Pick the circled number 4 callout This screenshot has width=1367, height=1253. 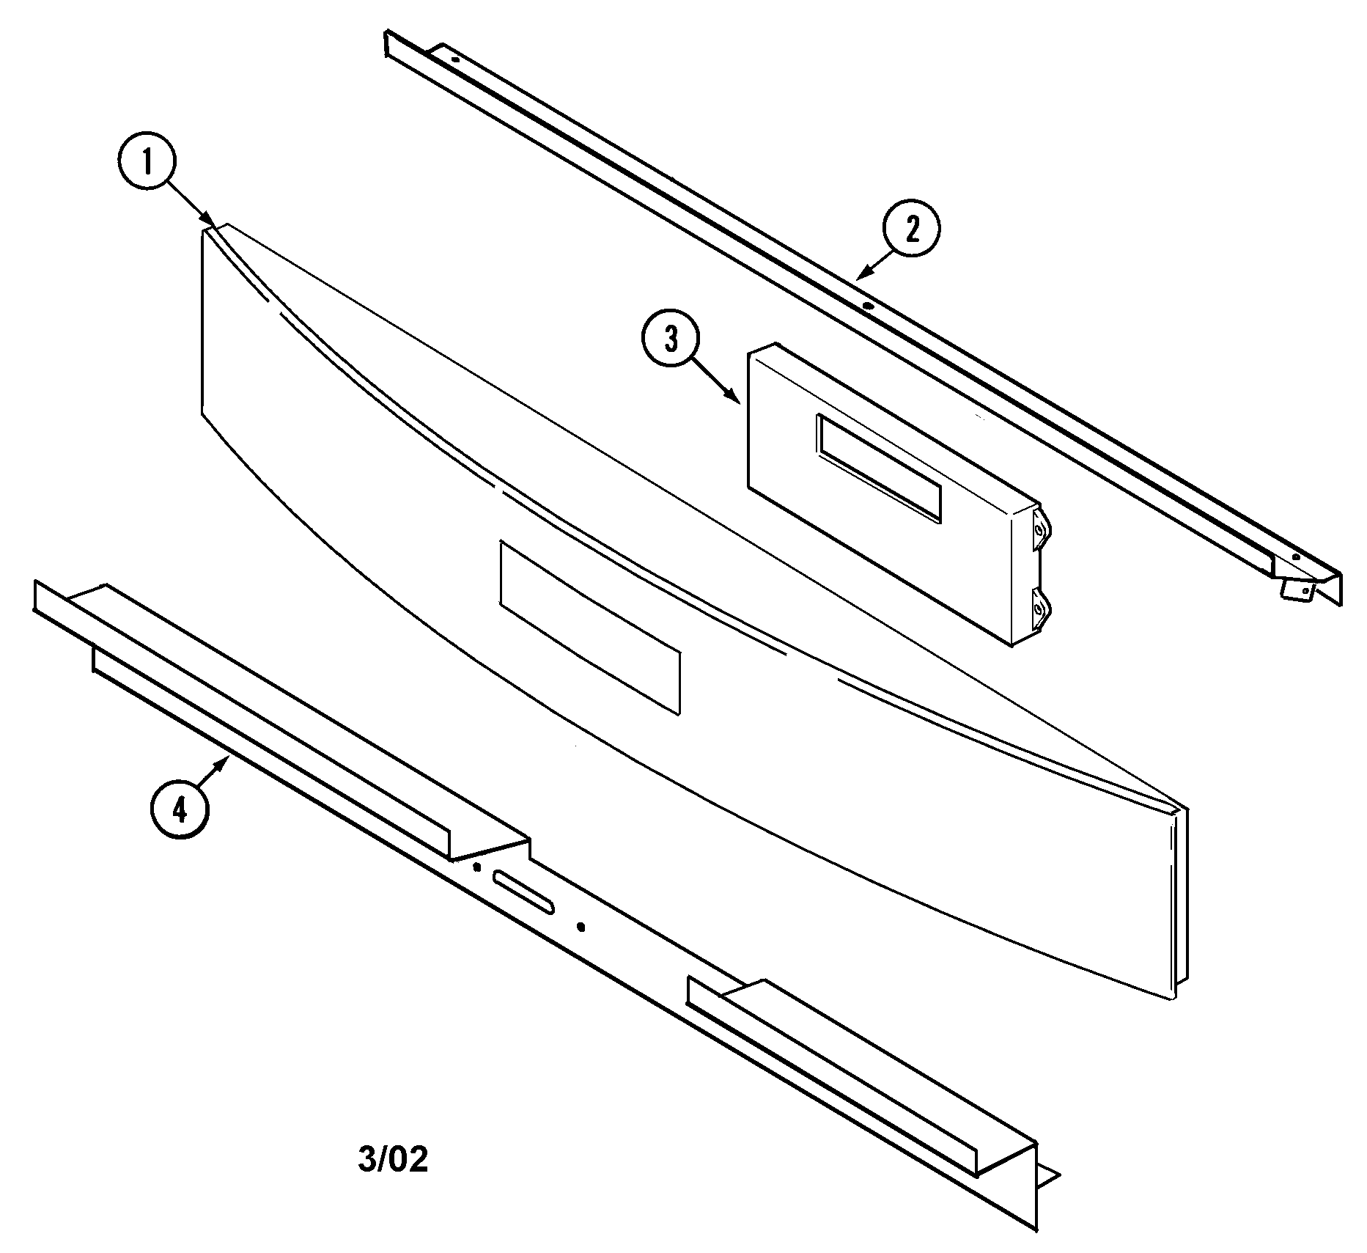point(180,809)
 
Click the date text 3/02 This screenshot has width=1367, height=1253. point(393,1160)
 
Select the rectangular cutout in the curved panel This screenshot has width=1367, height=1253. point(589,627)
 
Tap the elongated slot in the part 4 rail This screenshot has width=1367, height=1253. point(523,892)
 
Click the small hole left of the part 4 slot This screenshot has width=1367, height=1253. point(477,867)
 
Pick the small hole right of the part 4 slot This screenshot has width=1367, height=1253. point(581,927)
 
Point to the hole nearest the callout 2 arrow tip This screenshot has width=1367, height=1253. point(868,306)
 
